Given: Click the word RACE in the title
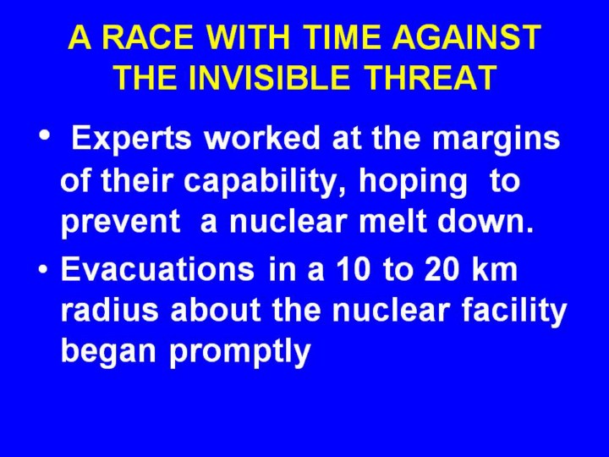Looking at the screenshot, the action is coord(148,37).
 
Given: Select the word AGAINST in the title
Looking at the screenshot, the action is coord(466,37).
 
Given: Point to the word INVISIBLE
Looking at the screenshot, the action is coord(269,77).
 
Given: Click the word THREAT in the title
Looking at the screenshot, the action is coord(431,77).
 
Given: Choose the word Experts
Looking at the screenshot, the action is coord(131,139).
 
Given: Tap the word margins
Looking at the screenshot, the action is coord(496,140).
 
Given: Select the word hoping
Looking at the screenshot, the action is coord(413,182).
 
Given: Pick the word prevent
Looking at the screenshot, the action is coord(121,223).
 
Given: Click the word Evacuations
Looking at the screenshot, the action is coord(157,269).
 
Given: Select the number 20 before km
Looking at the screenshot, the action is coord(442,269).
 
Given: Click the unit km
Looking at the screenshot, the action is coord(495,269).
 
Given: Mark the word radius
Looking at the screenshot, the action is coord(110,311).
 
